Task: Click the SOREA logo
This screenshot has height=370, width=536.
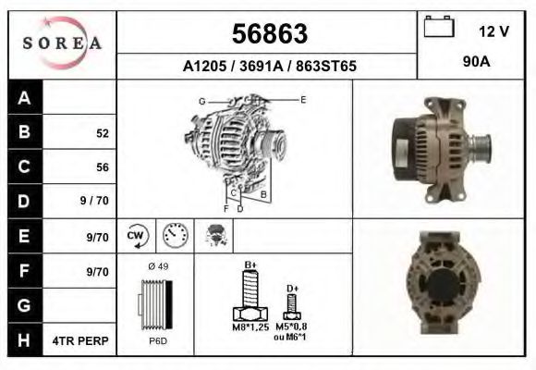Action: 61,43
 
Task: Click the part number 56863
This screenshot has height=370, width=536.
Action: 268,34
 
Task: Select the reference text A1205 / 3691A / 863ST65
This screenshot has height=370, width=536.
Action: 269,67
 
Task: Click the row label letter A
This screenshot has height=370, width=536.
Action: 24,98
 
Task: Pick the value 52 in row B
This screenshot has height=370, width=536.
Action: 102,133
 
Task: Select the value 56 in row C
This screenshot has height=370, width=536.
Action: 103,167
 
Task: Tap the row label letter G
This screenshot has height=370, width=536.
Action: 24,304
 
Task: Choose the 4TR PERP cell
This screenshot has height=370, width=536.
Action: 82,340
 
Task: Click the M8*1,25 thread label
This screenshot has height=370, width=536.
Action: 249,327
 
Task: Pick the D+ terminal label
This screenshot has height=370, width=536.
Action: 292,289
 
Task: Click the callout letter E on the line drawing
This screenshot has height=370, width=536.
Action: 303,98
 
